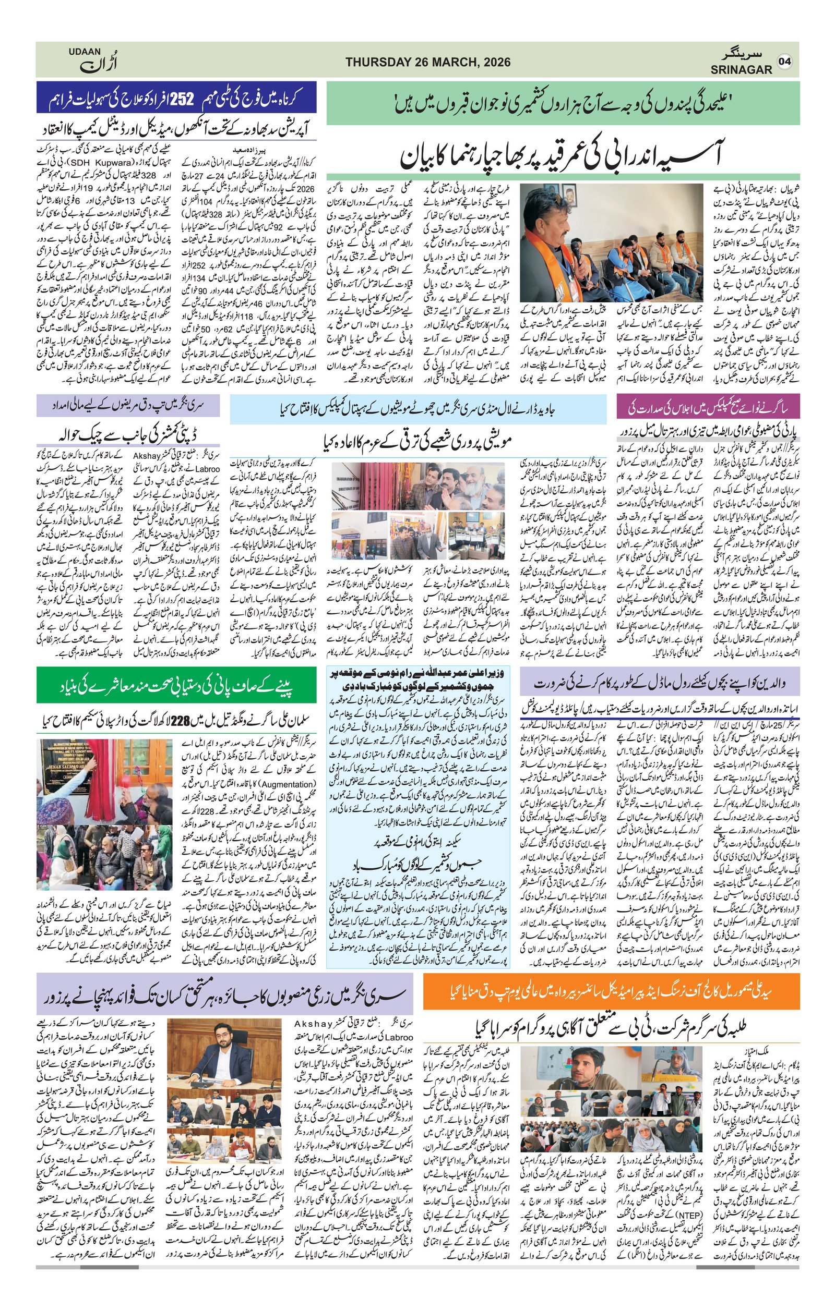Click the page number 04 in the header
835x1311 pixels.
click(x=785, y=61)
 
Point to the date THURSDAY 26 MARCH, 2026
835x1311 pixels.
click(x=427, y=62)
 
